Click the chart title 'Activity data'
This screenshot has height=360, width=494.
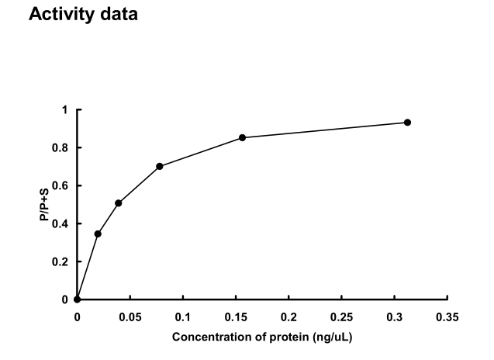[x=83, y=15]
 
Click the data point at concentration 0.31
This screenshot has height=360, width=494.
[x=407, y=123]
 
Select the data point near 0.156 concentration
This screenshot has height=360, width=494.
[x=243, y=137]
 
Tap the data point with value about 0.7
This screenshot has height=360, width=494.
[x=160, y=166]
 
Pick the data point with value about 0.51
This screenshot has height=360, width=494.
[x=119, y=203]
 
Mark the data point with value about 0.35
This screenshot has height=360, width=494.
[x=98, y=234]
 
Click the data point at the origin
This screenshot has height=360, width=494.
[x=77, y=299]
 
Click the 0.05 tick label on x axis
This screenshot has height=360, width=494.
[x=130, y=317]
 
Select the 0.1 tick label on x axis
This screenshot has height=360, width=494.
[x=183, y=317]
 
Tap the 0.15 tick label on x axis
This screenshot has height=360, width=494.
[x=236, y=317]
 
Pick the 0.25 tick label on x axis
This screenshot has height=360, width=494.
[x=342, y=317]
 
